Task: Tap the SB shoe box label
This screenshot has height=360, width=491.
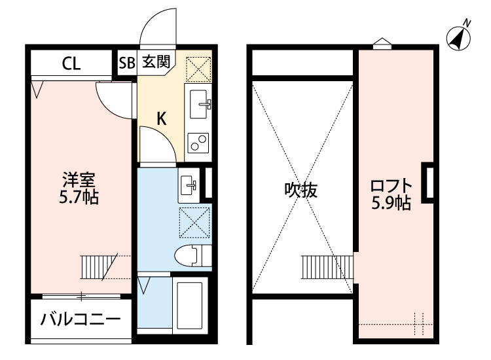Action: [126, 63]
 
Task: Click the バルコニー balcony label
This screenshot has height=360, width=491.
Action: [80, 321]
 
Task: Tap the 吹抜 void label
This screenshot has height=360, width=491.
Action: [300, 190]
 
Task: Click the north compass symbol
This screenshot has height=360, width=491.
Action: [460, 39]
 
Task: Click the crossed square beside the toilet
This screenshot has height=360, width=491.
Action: [194, 221]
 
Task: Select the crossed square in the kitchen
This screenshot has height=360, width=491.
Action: [198, 68]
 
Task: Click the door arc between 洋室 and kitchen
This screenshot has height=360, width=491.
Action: [111, 98]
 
